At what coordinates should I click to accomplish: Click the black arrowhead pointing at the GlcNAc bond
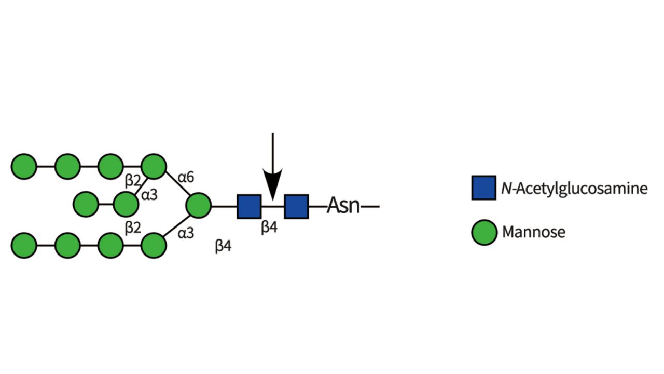[x=272, y=182]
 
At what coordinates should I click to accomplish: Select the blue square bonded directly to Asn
[x=296, y=206]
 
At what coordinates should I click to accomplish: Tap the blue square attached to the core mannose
[x=249, y=206]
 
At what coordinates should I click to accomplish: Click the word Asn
[x=343, y=206]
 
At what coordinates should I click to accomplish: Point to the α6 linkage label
[x=186, y=178]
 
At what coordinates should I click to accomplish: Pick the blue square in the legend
[x=483, y=188]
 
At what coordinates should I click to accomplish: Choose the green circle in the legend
[x=483, y=232]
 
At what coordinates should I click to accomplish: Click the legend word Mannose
[x=533, y=232]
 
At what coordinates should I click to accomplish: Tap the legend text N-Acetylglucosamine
[x=574, y=188]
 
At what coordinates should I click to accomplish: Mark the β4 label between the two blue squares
[x=269, y=228]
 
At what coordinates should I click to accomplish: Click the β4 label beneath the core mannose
[x=223, y=246]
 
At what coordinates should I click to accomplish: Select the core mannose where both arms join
[x=198, y=206]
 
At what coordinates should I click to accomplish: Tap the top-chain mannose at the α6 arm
[x=153, y=167]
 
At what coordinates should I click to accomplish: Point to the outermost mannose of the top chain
[x=24, y=167]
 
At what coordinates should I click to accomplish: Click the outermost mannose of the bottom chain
[x=24, y=245]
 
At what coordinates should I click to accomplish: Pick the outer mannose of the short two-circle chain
[x=86, y=204]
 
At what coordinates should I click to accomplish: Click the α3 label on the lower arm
[x=186, y=233]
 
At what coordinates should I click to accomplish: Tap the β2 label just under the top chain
[x=133, y=181]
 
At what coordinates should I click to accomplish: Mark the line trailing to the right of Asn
[x=370, y=207]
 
